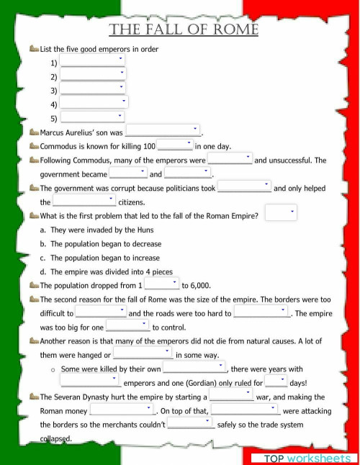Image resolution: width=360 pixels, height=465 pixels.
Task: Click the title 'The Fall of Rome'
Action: tap(184, 30)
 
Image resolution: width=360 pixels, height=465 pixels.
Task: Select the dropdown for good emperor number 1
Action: tap(93, 61)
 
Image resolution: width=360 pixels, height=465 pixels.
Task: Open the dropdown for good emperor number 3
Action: tap(93, 91)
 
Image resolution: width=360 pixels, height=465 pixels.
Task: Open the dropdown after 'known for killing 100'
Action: tap(175, 145)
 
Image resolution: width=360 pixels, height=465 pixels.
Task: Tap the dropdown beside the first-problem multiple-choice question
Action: tap(280, 213)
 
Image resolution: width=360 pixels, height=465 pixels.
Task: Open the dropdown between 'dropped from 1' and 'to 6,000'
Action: tap(161, 284)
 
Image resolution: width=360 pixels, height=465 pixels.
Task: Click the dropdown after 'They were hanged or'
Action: tap(143, 353)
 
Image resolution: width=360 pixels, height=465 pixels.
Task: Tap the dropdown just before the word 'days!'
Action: tap(276, 382)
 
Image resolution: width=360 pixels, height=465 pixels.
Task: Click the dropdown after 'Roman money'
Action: tap(122, 410)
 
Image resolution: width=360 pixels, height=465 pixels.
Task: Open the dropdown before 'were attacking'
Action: tap(246, 410)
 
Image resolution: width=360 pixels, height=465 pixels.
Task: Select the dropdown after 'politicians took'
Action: tap(244, 186)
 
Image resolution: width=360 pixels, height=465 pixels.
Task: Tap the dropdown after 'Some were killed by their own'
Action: tap(194, 368)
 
